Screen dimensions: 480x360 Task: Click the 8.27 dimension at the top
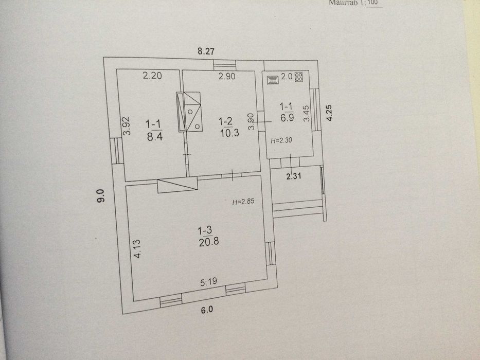206,51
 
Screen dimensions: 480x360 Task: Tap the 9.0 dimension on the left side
101,196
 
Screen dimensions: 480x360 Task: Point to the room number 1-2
225,122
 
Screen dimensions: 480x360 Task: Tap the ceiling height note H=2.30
281,140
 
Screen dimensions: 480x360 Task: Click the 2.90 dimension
227,77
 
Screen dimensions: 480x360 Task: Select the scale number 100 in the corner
373,3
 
